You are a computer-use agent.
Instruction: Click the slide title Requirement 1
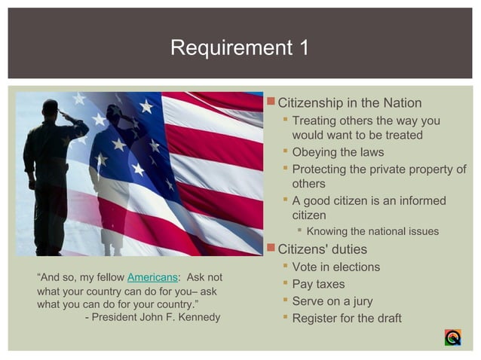pos(240,47)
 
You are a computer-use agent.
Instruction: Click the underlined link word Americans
pos(152,277)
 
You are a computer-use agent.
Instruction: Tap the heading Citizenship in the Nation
pos(350,103)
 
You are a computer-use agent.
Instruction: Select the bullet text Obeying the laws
pos(338,153)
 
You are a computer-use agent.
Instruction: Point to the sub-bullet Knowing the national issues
pos(372,231)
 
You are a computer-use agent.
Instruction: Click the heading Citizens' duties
pos(322,249)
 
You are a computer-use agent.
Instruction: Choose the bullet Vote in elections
pos(335,267)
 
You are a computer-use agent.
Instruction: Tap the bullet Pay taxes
pos(318,285)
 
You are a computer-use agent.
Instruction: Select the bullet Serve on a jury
pos(332,301)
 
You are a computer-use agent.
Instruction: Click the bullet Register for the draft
pos(347,319)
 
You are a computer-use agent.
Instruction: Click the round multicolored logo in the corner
pos(452,337)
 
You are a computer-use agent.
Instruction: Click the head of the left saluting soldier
pos(51,108)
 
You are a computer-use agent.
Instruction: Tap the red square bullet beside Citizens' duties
pos(272,249)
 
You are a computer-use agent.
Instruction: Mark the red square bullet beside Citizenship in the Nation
pos(272,102)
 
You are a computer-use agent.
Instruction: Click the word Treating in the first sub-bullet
pos(315,121)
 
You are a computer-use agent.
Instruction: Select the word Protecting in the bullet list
pos(321,169)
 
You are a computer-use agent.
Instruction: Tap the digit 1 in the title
pos(303,47)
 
